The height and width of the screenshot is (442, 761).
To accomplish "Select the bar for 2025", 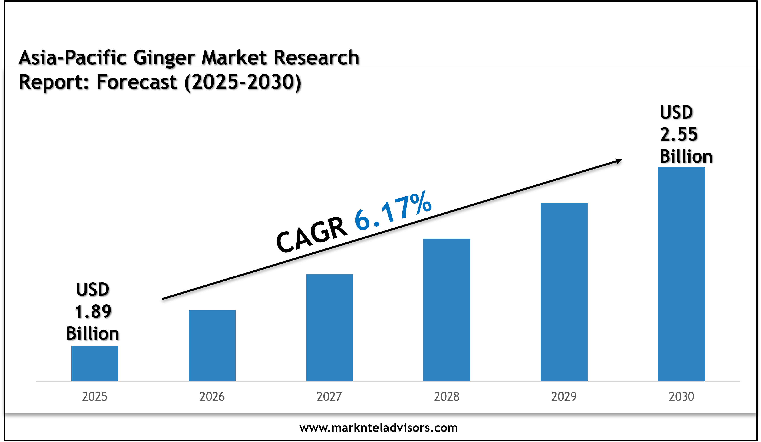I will pyautogui.click(x=94, y=363).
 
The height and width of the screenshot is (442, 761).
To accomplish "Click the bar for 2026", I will pyautogui.click(x=212, y=345).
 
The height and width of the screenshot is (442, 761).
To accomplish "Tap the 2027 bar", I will pyautogui.click(x=329, y=328).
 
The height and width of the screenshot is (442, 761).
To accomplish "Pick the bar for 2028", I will pyautogui.click(x=447, y=310).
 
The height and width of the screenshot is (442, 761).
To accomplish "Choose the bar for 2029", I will pyautogui.click(x=564, y=292).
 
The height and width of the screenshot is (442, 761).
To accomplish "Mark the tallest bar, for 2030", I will pyautogui.click(x=681, y=274).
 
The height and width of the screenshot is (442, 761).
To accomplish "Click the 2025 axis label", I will pyautogui.click(x=94, y=396).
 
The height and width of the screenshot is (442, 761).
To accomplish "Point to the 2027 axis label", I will pyautogui.click(x=329, y=396).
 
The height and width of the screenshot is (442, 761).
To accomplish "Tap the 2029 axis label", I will pyautogui.click(x=564, y=396).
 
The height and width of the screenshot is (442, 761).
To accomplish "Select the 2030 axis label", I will pyautogui.click(x=681, y=396).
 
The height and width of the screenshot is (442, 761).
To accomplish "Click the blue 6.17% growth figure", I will pyautogui.click(x=393, y=211).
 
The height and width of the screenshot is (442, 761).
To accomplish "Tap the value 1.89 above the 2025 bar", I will pyautogui.click(x=93, y=311).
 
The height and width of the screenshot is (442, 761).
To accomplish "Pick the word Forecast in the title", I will pyautogui.click(x=137, y=82).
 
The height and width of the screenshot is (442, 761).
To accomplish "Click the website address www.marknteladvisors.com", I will pyautogui.click(x=378, y=428).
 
